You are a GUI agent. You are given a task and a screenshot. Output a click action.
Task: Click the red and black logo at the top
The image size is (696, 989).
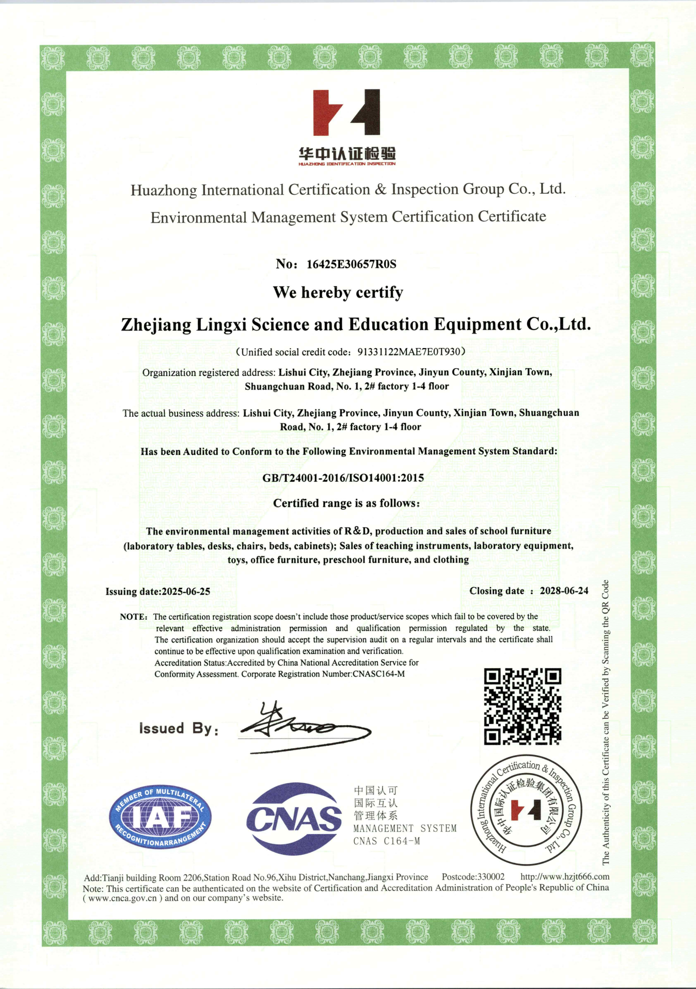346,112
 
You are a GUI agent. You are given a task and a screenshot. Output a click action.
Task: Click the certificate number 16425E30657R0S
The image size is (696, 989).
351,264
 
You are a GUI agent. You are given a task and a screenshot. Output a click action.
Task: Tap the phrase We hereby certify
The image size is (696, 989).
338,292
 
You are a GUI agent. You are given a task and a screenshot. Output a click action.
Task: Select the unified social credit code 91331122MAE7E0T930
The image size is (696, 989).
408,352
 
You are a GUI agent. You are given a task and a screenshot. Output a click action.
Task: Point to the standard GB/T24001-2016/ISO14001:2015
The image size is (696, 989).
343,478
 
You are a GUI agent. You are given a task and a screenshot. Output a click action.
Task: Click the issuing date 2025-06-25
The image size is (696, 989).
186,592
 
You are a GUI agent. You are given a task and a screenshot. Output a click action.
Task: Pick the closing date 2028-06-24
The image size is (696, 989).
564,591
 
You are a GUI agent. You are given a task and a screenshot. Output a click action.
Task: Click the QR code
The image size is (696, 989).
522,707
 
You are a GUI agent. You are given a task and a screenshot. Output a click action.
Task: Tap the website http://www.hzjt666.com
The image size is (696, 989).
565,877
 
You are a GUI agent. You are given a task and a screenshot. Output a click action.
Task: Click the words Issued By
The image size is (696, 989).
178,728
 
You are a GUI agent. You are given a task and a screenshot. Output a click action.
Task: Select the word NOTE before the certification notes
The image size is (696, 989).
133,617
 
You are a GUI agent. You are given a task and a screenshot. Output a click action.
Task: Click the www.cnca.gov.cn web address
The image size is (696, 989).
122,898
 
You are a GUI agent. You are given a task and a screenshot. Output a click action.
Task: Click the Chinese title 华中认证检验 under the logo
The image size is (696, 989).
347,153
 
